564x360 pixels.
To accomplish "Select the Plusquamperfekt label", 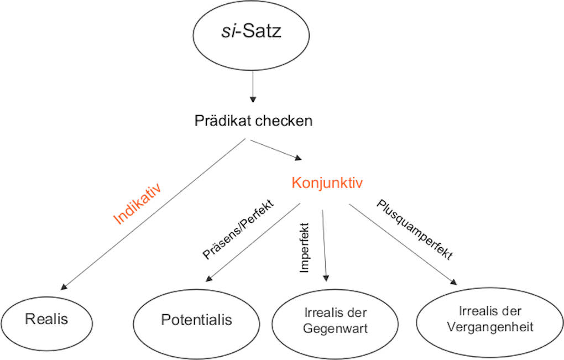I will click(415, 229).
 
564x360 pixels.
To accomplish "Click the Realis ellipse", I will click(47, 319).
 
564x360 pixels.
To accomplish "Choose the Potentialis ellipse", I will click(196, 320).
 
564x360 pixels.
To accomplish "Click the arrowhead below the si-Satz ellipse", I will click(253, 100).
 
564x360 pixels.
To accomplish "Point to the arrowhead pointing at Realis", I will click(64, 286).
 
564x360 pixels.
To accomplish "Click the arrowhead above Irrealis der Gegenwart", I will click(326, 279).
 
